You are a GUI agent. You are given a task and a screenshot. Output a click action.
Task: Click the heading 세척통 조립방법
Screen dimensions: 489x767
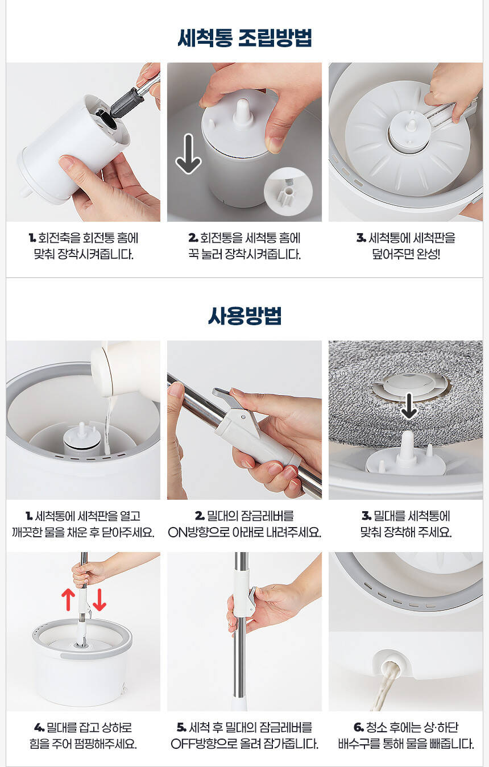click(244, 38)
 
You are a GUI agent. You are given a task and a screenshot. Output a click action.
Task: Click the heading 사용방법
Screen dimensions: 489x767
click(244, 316)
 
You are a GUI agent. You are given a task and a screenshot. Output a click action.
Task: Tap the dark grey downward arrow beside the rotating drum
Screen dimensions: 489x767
click(188, 154)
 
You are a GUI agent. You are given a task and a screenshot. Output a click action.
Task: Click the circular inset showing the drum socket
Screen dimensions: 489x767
click(288, 192)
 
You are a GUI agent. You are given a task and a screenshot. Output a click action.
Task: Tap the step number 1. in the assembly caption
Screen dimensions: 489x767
click(32, 238)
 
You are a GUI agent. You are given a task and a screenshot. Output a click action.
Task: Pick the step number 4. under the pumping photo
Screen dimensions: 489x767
click(39, 728)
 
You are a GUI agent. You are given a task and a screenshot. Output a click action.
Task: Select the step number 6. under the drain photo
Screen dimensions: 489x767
click(359, 728)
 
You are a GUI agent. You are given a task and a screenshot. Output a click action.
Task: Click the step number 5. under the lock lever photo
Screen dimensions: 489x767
click(181, 728)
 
